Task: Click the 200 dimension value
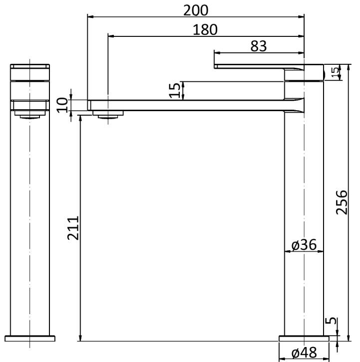pos(196,10)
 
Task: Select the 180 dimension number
pos(205,30)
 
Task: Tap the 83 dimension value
pos(259,46)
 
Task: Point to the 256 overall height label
pos(342,202)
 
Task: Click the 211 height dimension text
pos(73,228)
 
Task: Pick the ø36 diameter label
pos(304,245)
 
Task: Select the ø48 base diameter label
pos(304,353)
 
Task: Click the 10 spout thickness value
pos(62,105)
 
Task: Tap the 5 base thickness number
pos(331,321)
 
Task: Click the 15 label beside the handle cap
pos(335,72)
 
